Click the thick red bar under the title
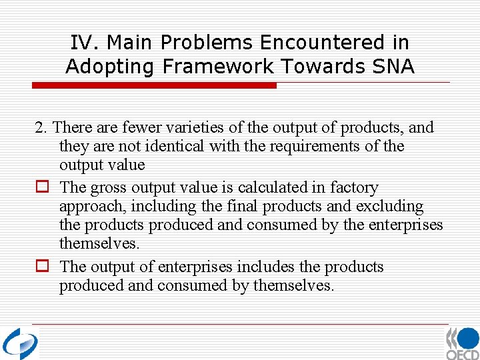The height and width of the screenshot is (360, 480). pyautogui.click(x=155, y=85)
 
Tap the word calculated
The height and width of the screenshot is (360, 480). pyautogui.click(x=255, y=188)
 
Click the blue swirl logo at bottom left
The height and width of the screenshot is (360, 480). pyautogui.click(x=20, y=343)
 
